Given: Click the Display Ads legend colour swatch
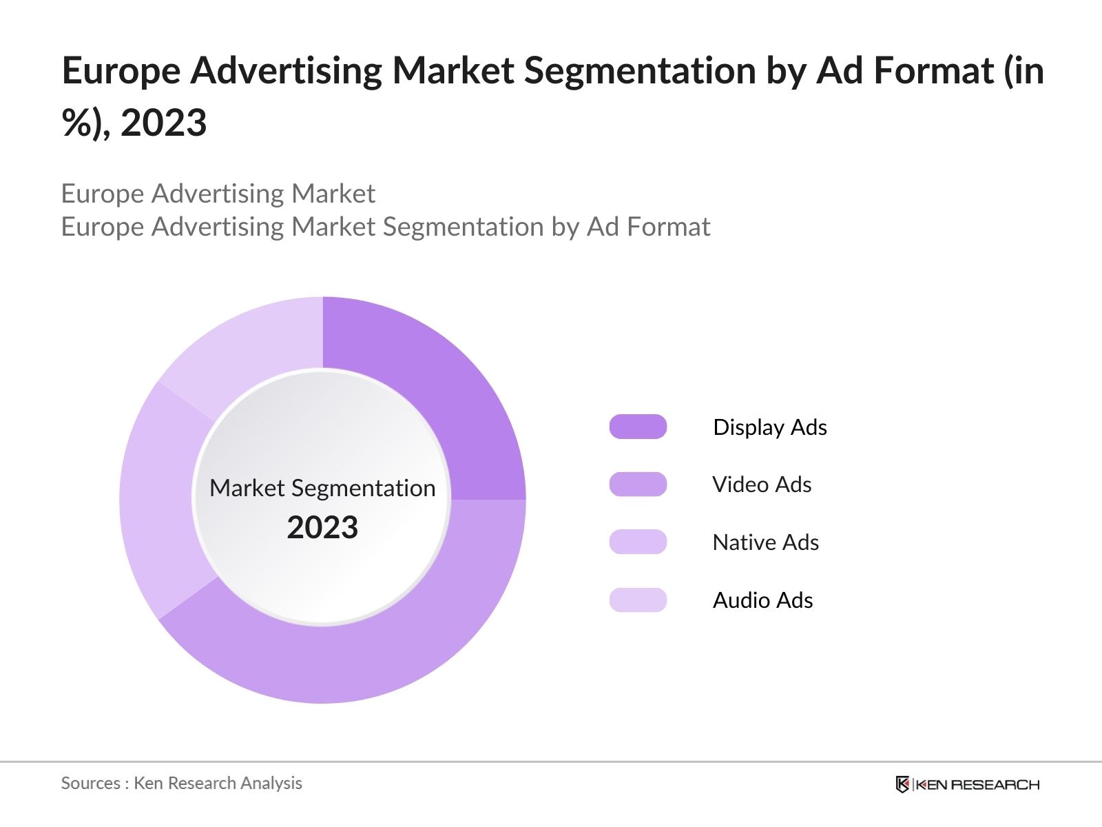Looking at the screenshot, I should click(x=638, y=427).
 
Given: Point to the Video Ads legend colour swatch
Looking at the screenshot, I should click(x=638, y=484).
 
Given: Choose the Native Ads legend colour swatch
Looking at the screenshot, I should click(x=638, y=542).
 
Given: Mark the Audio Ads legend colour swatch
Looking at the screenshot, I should click(x=638, y=600).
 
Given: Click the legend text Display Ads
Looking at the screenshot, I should click(x=770, y=427).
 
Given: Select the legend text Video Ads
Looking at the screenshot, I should click(x=762, y=484).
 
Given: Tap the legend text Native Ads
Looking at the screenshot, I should click(x=766, y=542).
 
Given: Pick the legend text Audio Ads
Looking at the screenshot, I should click(x=763, y=600).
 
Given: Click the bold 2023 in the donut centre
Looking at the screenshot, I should click(x=322, y=528).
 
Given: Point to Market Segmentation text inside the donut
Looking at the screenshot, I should click(x=322, y=488).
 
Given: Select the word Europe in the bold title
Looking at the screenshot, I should click(x=121, y=71).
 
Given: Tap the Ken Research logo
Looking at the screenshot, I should click(x=967, y=784).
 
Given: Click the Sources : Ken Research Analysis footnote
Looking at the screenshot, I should click(x=181, y=784).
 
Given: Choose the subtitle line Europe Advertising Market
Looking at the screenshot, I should click(x=218, y=194).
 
